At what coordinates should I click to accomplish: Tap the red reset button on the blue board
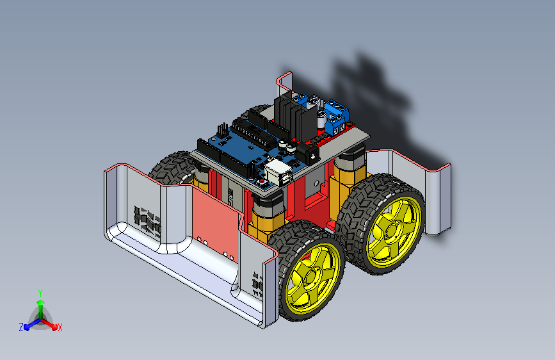[262, 182]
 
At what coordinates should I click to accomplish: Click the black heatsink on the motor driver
[294, 117]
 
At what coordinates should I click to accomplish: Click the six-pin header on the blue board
[223, 131]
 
